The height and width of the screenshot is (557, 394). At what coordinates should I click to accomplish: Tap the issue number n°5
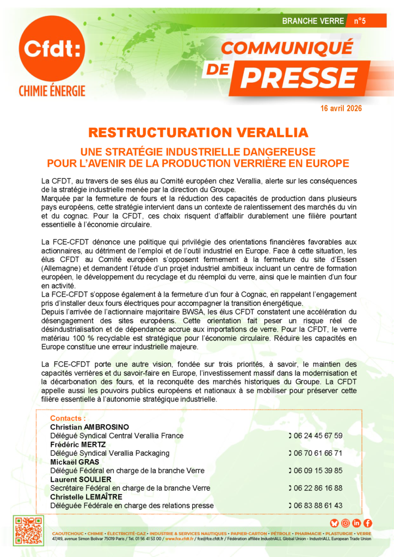point(360,21)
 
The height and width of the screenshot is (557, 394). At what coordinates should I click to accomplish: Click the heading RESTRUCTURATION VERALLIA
point(198,133)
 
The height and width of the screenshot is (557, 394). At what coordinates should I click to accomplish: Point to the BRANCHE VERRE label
point(313,21)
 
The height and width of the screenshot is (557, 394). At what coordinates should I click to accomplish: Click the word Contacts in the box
point(68,418)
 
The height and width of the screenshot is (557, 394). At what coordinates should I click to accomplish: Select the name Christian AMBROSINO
point(90,427)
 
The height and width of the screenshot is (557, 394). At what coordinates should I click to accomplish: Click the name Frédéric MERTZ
point(78,444)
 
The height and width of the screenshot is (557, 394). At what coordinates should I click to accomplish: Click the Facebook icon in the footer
point(368,523)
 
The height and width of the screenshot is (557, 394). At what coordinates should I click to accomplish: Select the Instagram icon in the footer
point(346,523)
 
